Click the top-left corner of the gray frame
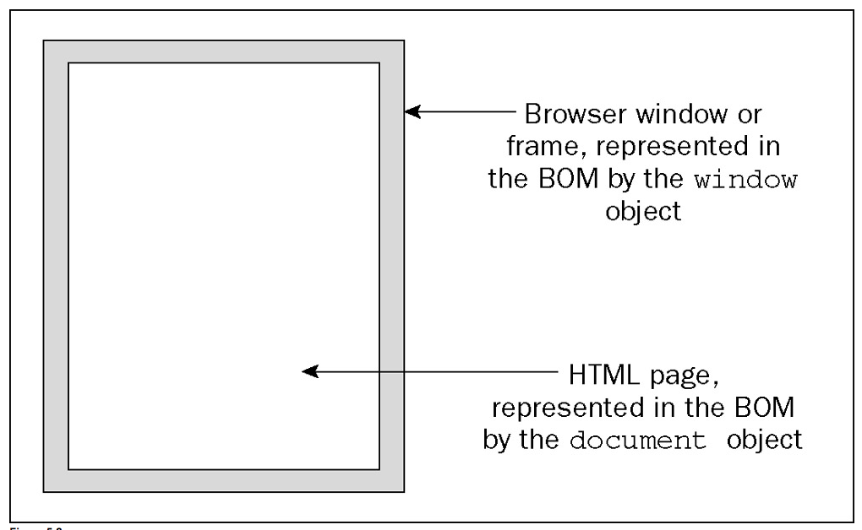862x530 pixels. click(45, 41)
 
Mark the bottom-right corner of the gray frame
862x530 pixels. click(403, 490)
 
